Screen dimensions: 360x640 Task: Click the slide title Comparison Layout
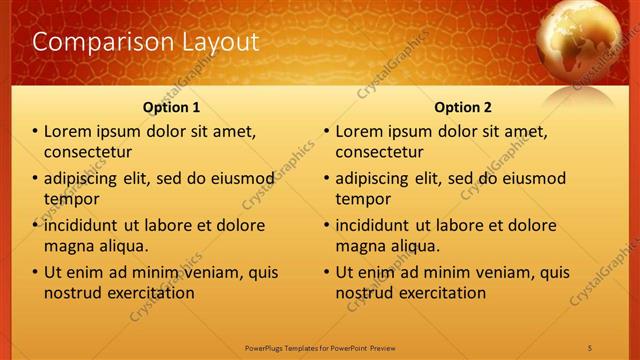tap(146, 42)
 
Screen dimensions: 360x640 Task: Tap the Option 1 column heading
tap(171, 107)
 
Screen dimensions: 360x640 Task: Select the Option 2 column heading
tap(462, 107)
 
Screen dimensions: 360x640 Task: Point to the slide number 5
tap(590, 347)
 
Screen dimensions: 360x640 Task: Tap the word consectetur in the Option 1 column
tap(89, 152)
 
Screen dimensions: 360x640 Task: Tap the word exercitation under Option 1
tap(148, 293)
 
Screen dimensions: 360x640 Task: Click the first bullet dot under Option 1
tap(35, 132)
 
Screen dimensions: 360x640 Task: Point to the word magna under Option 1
tap(68, 246)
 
